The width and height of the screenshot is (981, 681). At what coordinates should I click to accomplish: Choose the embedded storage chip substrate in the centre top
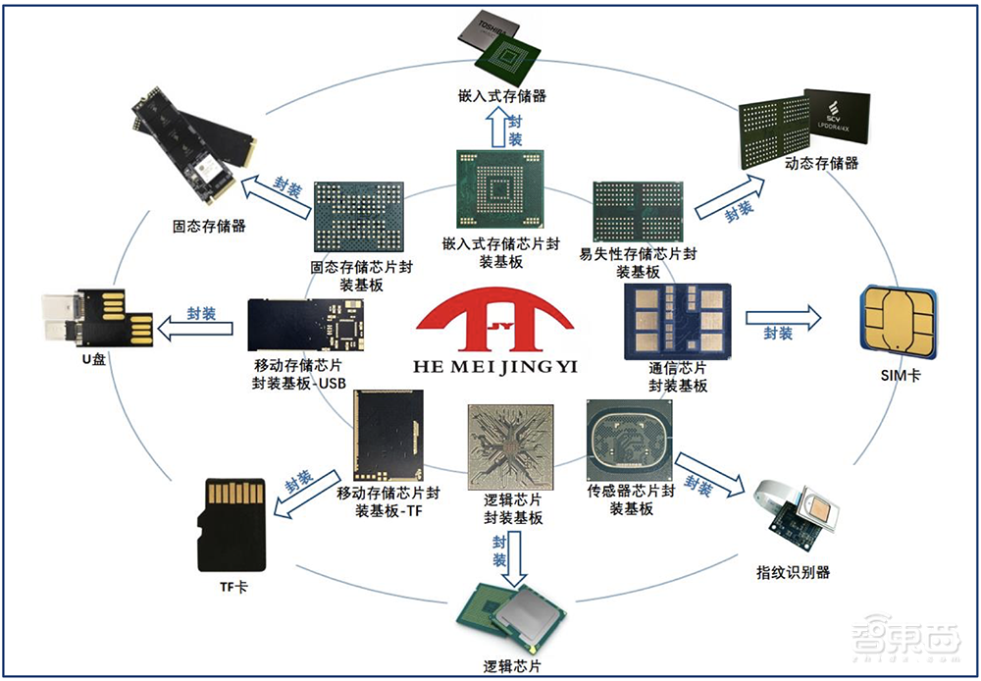499,192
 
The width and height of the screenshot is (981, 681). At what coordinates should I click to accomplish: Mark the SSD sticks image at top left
192,146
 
